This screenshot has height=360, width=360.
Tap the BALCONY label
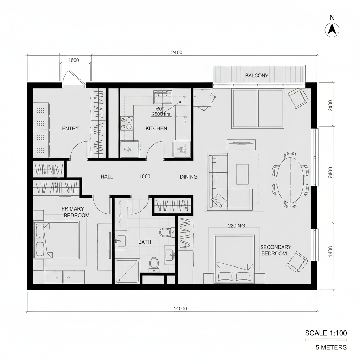[x=257, y=76]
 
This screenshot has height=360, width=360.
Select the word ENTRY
[x=70, y=128]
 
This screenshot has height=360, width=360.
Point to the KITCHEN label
[x=156, y=128]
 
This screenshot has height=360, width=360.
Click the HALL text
[x=107, y=176]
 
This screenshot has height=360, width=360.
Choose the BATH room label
[x=144, y=242]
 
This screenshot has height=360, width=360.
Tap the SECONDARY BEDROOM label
[x=276, y=250]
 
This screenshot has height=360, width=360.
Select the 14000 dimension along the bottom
[x=180, y=309]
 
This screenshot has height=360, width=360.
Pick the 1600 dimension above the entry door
[x=73, y=60]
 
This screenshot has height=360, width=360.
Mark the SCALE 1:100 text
[x=326, y=333]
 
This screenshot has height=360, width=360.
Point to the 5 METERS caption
[x=331, y=347]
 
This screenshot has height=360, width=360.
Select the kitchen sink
[x=162, y=95]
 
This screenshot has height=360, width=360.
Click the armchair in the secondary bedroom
[x=297, y=262]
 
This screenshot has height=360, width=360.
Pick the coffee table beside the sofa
[x=242, y=174]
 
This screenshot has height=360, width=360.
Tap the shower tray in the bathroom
[x=128, y=271]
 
